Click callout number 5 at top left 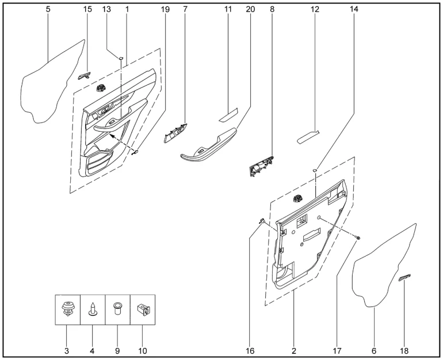pos(48,9)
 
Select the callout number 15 pos(87,9)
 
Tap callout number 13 pos(106,9)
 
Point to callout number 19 pos(165,9)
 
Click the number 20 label pos(250,9)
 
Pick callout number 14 pos(354,9)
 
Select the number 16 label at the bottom pos(250,351)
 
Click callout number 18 pos(404,351)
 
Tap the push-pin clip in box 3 pos(67,309)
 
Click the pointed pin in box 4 pos(93,309)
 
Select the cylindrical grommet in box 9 pos(117,309)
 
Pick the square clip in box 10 pos(143,309)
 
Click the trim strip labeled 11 pos(229,114)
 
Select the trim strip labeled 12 pos(308,137)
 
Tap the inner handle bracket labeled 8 pos(262,166)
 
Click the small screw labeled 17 pos(358,238)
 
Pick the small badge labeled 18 pos(404,278)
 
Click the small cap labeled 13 pos(121,58)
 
